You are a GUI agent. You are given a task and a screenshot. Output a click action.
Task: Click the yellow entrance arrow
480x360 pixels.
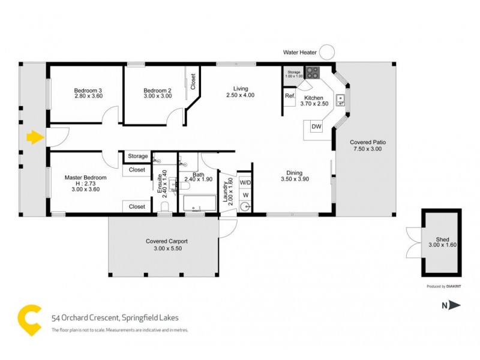click(x=35, y=138)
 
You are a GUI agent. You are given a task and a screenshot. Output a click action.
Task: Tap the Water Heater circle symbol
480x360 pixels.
click(x=326, y=52)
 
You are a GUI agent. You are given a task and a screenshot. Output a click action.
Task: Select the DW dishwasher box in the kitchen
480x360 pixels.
click(x=316, y=127)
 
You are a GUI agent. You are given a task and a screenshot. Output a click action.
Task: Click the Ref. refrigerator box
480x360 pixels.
click(x=289, y=97)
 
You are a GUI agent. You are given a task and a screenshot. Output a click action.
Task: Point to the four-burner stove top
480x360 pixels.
click(x=313, y=73)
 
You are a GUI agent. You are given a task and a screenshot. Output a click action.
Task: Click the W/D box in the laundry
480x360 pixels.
click(x=245, y=182)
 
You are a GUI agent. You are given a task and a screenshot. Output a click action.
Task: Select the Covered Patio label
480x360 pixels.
click(x=368, y=143)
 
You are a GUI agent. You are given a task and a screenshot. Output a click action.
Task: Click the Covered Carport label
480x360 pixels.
click(x=163, y=241)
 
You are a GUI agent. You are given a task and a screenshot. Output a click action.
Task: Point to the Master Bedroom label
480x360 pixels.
click(x=86, y=178)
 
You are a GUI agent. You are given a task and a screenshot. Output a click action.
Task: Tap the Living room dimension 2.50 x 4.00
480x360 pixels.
click(x=240, y=95)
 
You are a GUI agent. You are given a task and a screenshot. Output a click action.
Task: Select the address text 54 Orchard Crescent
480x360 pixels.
click(x=89, y=317)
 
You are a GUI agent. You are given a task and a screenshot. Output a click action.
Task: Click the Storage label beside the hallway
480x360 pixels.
click(x=137, y=156)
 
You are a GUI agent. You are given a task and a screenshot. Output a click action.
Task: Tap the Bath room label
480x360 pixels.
click(x=198, y=175)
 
